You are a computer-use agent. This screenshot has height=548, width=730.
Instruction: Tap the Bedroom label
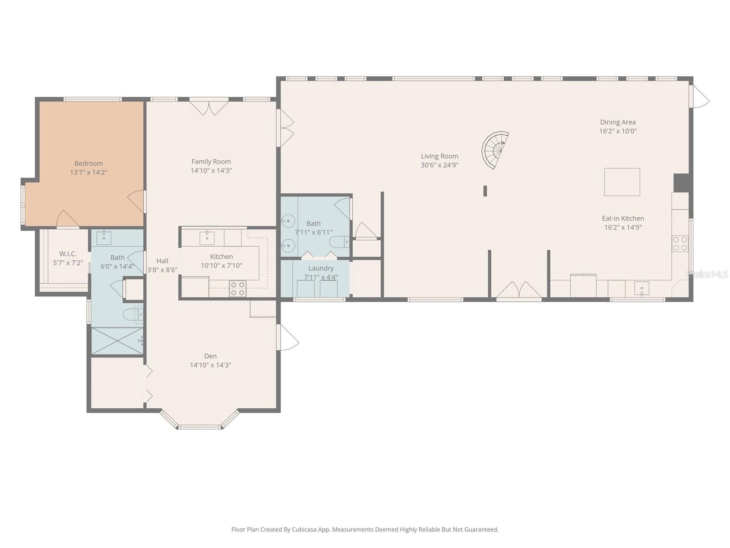tap(89, 163)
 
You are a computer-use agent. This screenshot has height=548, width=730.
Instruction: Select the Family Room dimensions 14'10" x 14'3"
tap(211, 171)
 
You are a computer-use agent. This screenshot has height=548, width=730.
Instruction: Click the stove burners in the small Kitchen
tap(237, 289)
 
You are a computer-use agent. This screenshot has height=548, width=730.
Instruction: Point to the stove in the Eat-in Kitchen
tap(680, 244)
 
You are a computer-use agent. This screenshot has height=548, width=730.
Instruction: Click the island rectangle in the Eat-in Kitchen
tap(622, 182)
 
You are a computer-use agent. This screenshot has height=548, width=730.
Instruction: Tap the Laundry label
tap(321, 269)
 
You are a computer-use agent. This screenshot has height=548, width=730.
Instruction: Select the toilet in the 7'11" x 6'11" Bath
tap(339, 242)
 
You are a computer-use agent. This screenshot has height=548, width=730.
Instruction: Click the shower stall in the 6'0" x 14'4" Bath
tap(117, 341)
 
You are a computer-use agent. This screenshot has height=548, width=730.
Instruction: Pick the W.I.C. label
tap(68, 254)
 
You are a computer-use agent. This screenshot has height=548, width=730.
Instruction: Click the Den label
tap(210, 356)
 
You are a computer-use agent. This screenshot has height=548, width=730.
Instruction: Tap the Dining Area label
tap(618, 122)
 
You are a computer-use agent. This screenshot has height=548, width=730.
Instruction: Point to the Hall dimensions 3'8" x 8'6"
tap(162, 270)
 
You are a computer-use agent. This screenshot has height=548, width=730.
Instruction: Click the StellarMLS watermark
tap(708, 274)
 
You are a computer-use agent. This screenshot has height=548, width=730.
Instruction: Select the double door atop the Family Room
tap(209, 108)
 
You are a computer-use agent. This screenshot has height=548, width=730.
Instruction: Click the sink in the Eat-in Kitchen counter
tap(641, 289)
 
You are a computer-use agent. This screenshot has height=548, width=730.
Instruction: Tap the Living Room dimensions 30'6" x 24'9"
tap(439, 165)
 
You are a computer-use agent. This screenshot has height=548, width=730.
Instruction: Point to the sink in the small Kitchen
tap(207, 237)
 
